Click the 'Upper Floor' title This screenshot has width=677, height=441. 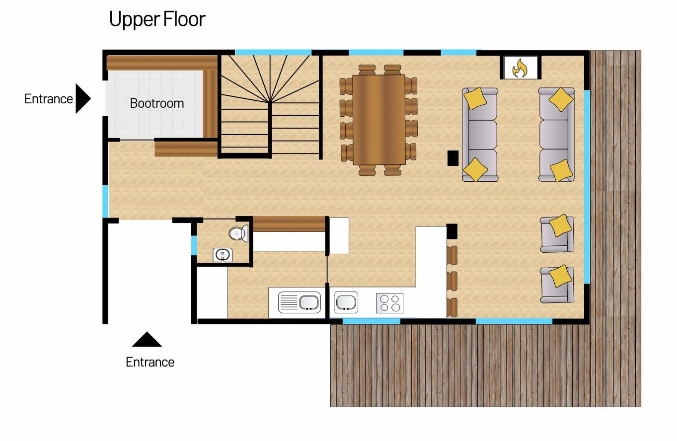[x=157, y=20]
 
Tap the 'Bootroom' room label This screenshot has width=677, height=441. [x=157, y=103]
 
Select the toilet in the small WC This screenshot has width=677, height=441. [x=238, y=233]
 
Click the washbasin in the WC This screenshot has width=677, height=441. [x=223, y=255]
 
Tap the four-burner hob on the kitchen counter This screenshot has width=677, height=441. [x=389, y=303]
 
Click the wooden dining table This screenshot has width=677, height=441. [x=379, y=120]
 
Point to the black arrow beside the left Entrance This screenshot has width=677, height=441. [x=83, y=98]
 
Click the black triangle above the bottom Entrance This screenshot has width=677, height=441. [x=147, y=339]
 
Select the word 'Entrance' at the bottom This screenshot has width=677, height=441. [x=150, y=362]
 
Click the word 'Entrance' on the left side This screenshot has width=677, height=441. [x=48, y=99]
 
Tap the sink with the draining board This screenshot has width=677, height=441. [x=299, y=302]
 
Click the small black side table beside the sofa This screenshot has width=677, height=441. [x=453, y=158]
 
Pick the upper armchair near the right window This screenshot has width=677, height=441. [x=557, y=234]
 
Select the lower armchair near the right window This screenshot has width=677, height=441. [x=557, y=285]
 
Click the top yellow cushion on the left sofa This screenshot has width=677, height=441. [x=475, y=98]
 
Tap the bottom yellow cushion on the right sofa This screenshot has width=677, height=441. [x=561, y=171]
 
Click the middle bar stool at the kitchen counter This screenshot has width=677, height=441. [x=452, y=281]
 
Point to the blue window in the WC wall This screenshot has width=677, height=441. [x=194, y=245]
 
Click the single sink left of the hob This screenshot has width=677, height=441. [x=346, y=302]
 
